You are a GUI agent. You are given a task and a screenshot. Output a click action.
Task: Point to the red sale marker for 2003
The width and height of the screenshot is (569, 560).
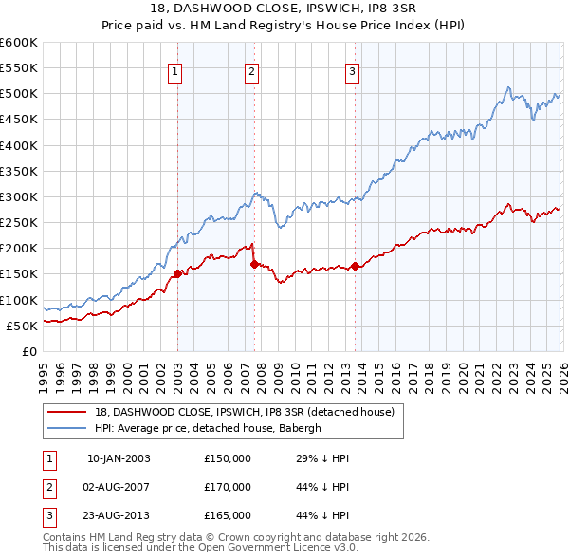coord(177,274)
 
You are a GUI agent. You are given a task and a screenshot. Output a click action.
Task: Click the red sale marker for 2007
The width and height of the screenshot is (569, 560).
coord(254,264)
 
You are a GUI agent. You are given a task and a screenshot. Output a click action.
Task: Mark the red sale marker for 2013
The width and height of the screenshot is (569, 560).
coord(355,267)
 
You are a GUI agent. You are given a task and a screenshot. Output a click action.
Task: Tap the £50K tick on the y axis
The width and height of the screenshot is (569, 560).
coord(23,326)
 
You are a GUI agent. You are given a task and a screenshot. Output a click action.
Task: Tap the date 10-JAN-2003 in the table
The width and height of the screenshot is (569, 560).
coord(119,458)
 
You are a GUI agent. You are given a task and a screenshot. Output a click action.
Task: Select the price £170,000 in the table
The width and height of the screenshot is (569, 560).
coord(228,487)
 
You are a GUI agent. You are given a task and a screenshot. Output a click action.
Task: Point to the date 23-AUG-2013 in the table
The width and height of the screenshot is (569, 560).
coord(119,515)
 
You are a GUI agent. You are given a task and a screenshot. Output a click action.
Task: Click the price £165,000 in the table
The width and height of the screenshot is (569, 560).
coord(228,515)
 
